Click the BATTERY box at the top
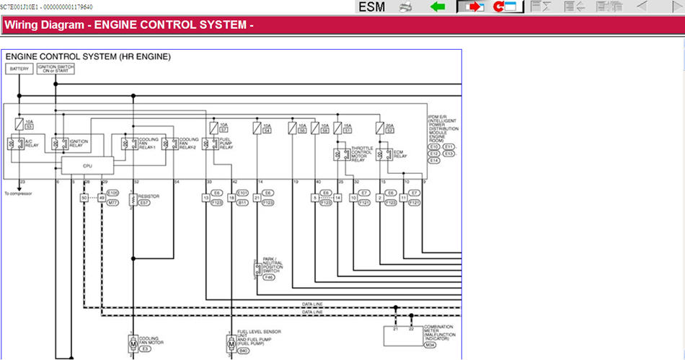19,69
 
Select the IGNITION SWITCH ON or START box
56,69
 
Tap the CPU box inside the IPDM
87,165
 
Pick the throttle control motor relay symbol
337,154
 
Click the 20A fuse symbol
380,128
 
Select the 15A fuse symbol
337,128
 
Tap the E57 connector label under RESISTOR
144,203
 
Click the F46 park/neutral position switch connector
269,277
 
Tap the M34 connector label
430,346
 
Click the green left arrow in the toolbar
437,7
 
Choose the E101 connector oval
242,193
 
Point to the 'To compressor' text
18,193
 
